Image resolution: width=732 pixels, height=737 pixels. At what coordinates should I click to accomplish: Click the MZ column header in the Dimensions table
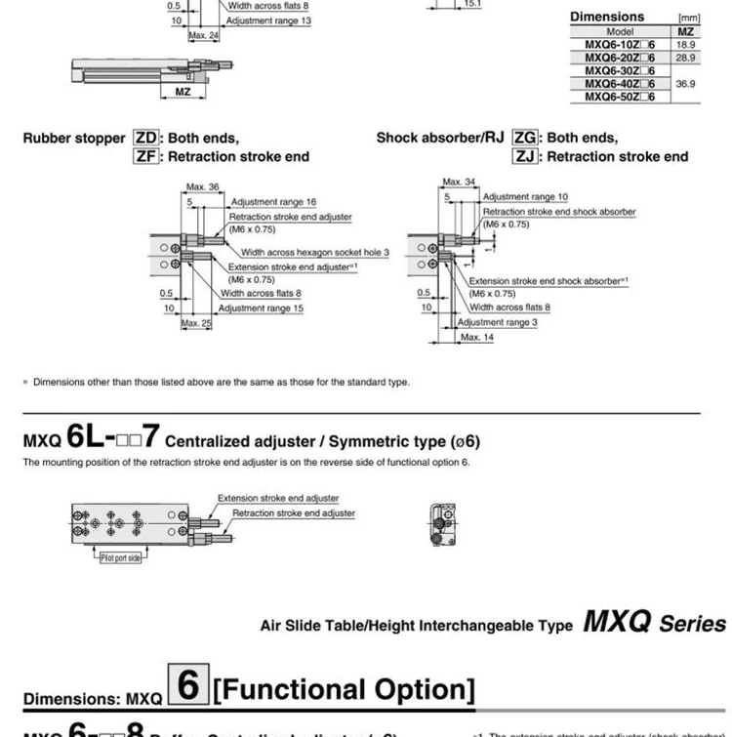(x=684, y=32)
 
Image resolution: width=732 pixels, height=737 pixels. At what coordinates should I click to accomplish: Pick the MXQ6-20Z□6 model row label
(x=620, y=58)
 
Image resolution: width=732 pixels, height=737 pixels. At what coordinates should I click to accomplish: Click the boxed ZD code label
(x=145, y=139)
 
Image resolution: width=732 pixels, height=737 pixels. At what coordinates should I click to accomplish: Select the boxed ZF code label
(x=145, y=156)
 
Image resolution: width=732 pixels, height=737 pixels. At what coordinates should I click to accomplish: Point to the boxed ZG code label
(x=524, y=139)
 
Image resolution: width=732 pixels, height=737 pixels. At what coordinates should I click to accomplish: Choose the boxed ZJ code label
(x=524, y=156)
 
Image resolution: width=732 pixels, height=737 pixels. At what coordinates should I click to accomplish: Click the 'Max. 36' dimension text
(x=201, y=185)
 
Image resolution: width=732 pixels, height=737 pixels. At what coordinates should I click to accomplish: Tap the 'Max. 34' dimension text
(x=459, y=183)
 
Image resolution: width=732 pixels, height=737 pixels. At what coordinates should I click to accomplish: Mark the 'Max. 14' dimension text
(x=477, y=337)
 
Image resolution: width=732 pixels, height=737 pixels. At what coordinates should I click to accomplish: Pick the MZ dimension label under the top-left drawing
(x=182, y=92)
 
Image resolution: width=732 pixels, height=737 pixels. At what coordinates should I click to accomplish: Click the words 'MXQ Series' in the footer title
(x=654, y=623)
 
